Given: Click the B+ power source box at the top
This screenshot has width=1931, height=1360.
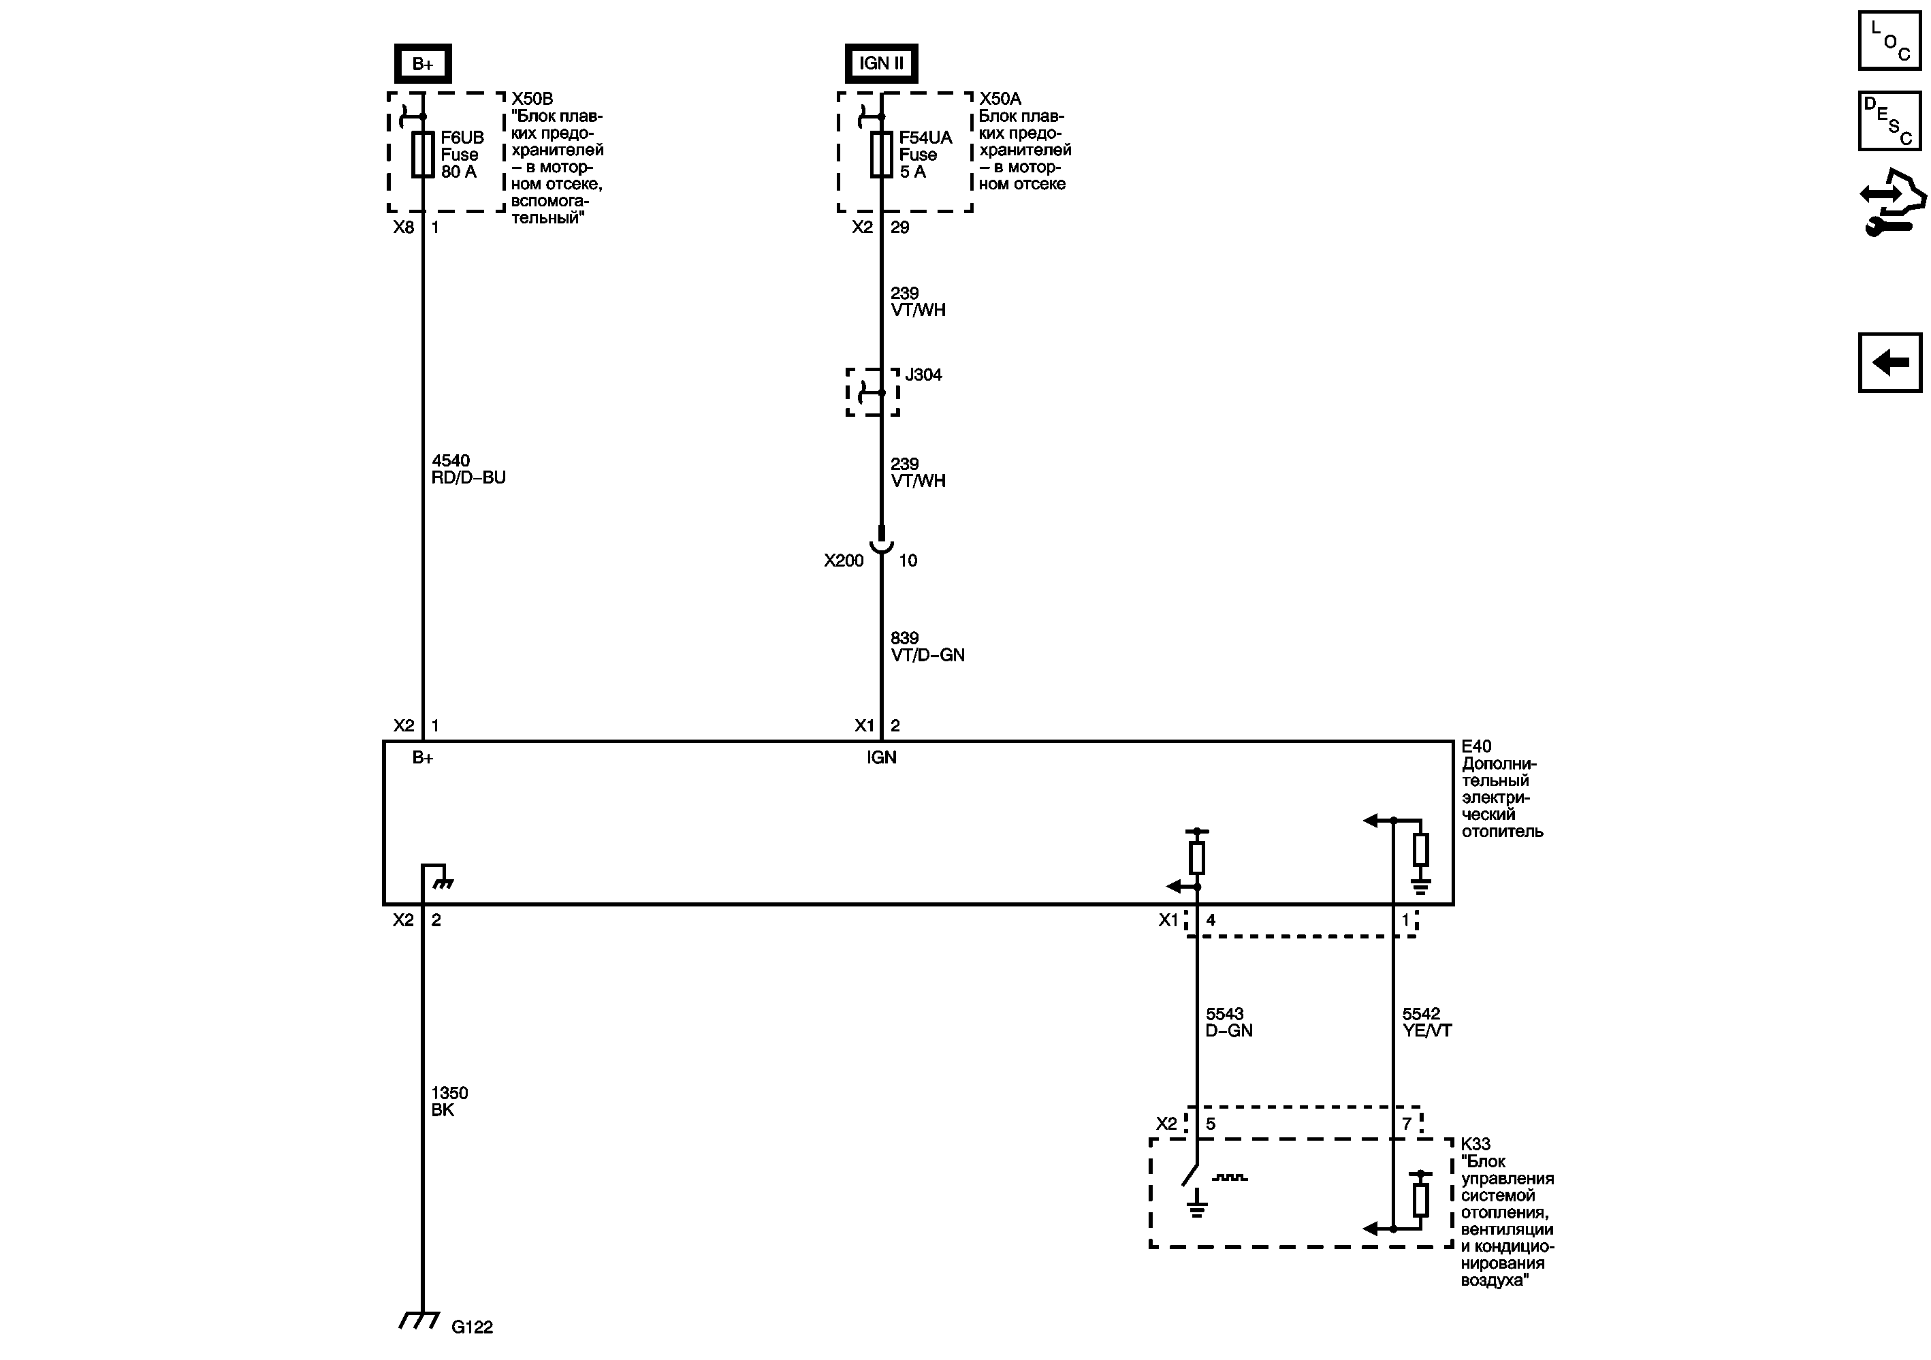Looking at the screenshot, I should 423,64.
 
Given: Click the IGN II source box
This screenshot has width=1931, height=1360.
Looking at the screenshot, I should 880,64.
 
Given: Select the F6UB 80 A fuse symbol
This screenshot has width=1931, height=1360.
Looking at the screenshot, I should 422,154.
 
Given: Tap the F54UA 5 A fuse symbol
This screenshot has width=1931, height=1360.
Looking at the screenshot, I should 880,154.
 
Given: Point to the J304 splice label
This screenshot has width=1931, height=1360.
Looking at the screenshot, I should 923,375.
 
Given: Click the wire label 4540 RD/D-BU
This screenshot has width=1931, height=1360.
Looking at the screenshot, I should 468,469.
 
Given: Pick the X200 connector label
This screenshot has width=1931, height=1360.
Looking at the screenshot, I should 844,561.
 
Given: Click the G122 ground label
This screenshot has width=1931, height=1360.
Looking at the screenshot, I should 472,1327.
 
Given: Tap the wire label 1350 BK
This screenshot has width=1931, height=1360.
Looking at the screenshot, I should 449,1102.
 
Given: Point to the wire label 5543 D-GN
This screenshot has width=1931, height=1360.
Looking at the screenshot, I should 1229,1022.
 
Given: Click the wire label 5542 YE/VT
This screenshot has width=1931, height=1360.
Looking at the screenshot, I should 1426,1022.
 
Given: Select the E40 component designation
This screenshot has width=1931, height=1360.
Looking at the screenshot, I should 1476,746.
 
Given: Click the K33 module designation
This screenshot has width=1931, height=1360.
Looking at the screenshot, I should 1475,1144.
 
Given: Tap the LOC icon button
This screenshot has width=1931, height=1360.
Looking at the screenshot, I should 1889,40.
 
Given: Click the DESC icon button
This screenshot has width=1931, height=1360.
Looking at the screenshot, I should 1889,121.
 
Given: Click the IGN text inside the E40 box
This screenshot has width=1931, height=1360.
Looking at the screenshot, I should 881,758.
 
